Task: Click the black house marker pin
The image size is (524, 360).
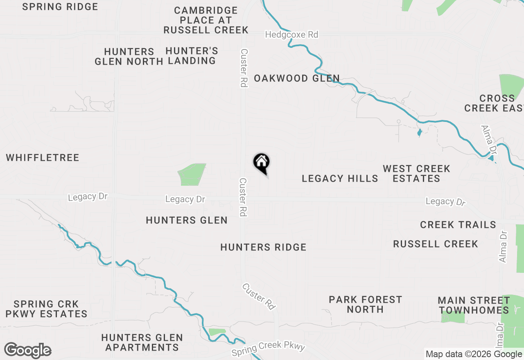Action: pyautogui.click(x=261, y=163)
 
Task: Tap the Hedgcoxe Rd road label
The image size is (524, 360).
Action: pyautogui.click(x=291, y=35)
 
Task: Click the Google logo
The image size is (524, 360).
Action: pyautogui.click(x=28, y=350)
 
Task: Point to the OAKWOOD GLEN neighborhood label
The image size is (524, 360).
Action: pyautogui.click(x=297, y=78)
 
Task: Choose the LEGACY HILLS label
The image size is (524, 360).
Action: pyautogui.click(x=340, y=178)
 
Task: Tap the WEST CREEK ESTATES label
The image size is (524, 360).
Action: pyautogui.click(x=416, y=173)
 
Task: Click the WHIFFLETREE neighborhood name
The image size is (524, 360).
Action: pyautogui.click(x=43, y=158)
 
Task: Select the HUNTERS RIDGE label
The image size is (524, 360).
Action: pyautogui.click(x=263, y=247)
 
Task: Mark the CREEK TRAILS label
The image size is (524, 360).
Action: pyautogui.click(x=458, y=225)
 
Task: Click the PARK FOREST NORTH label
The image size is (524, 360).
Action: pyautogui.click(x=366, y=304)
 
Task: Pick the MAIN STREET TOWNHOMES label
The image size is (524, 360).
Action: pyautogui.click(x=474, y=305)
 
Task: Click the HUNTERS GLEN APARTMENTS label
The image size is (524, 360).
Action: pyautogui.click(x=142, y=343)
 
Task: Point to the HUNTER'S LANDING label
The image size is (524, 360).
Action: pyautogui.click(x=192, y=56)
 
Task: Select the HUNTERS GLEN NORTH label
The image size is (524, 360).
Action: pyautogui.click(x=129, y=56)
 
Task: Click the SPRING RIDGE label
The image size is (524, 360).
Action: pyautogui.click(x=60, y=7)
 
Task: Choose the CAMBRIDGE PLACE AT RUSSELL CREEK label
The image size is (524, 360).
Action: pyautogui.click(x=206, y=20)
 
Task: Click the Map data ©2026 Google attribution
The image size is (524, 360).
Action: pyautogui.click(x=474, y=354)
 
